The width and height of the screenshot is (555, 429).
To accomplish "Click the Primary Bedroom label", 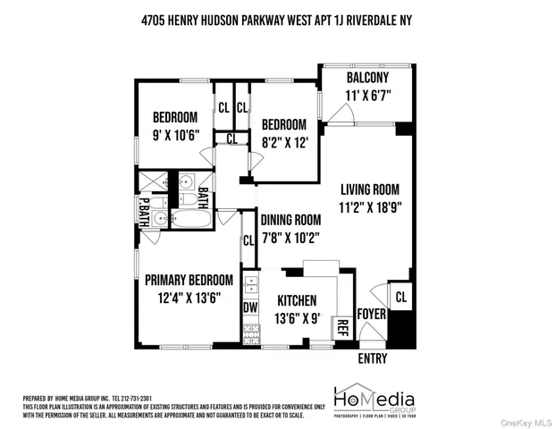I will (189, 280).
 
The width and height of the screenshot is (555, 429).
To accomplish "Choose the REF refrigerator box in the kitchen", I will (341, 327).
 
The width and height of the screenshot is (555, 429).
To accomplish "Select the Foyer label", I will (371, 314).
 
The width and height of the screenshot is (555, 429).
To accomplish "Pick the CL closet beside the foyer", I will (400, 296).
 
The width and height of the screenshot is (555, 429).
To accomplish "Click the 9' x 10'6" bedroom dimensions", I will (174, 135).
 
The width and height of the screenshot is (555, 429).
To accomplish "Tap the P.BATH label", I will (142, 212).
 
